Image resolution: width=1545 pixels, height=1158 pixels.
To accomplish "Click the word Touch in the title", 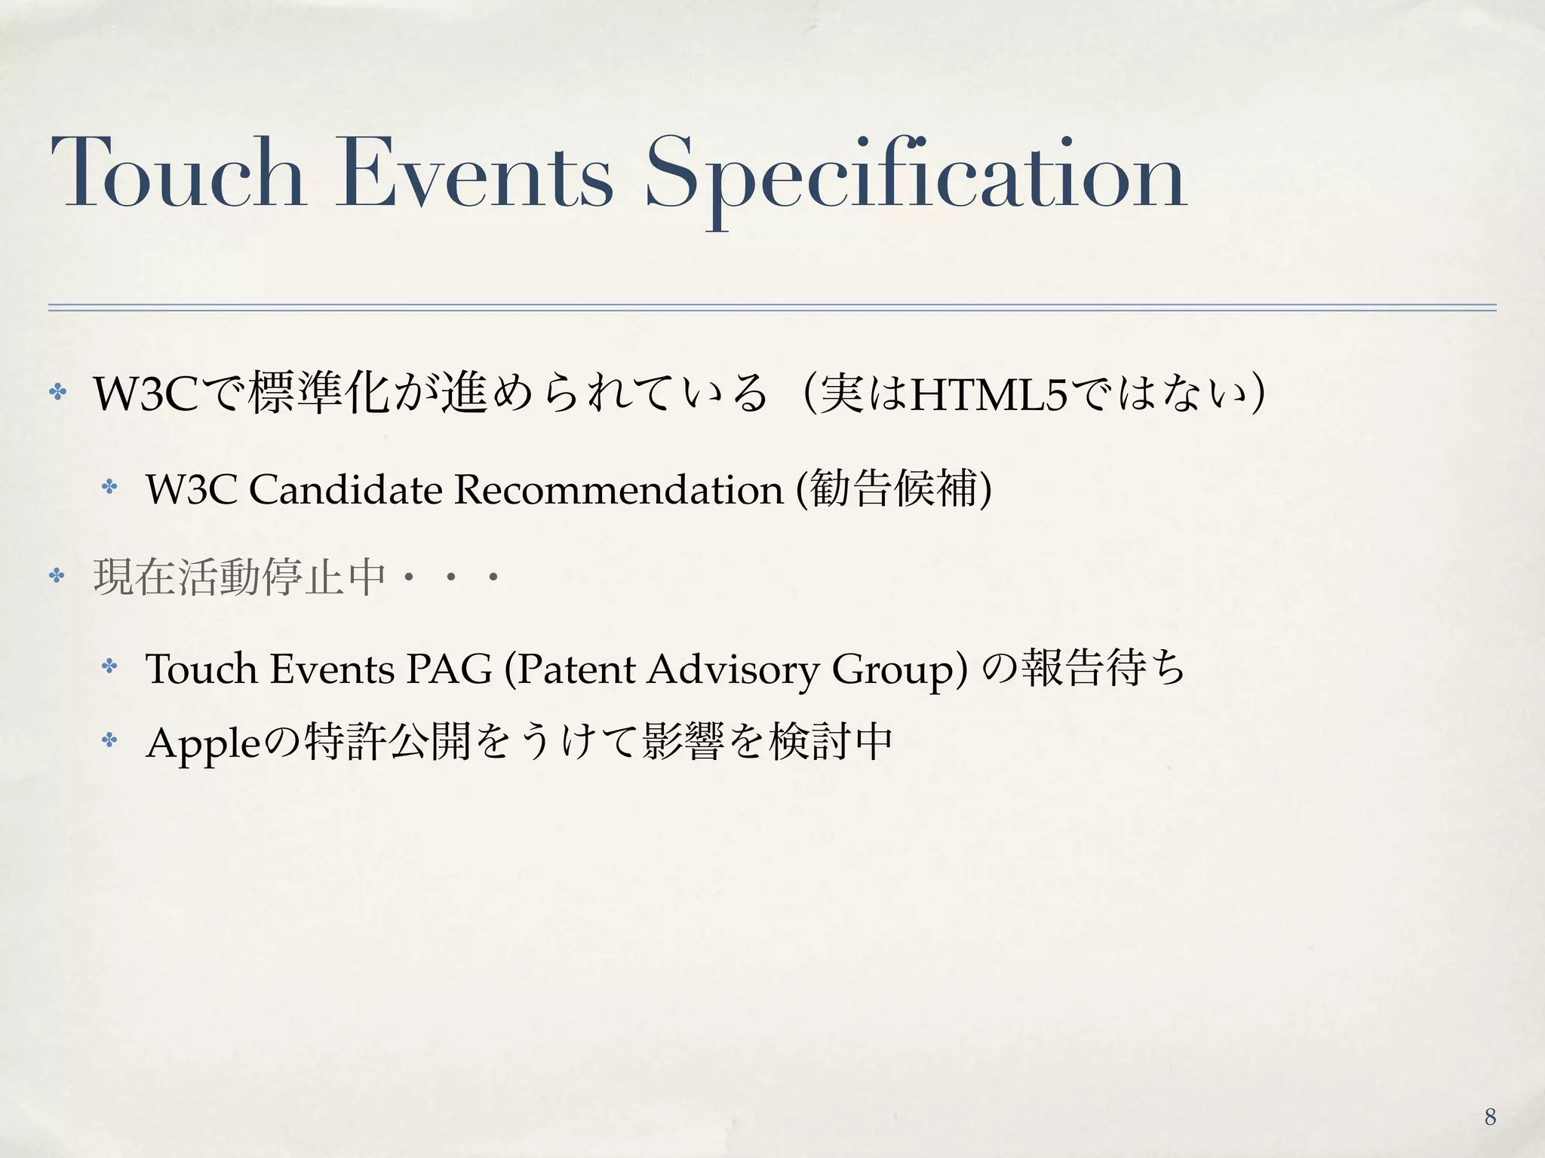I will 178,173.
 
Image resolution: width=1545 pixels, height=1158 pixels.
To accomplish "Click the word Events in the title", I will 474,173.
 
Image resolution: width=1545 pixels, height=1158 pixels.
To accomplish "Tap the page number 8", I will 1490,1117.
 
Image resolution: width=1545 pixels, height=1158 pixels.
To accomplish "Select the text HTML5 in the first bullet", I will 989,394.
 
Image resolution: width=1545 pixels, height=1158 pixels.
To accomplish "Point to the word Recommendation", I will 619,489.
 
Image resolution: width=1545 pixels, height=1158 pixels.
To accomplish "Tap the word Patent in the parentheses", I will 576,669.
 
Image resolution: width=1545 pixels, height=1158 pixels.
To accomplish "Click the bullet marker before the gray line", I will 57,577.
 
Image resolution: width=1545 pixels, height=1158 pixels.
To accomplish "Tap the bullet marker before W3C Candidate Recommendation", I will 110,487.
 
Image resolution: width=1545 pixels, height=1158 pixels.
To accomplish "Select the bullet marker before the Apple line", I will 110,740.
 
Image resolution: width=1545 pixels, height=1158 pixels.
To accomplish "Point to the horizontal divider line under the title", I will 772,308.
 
